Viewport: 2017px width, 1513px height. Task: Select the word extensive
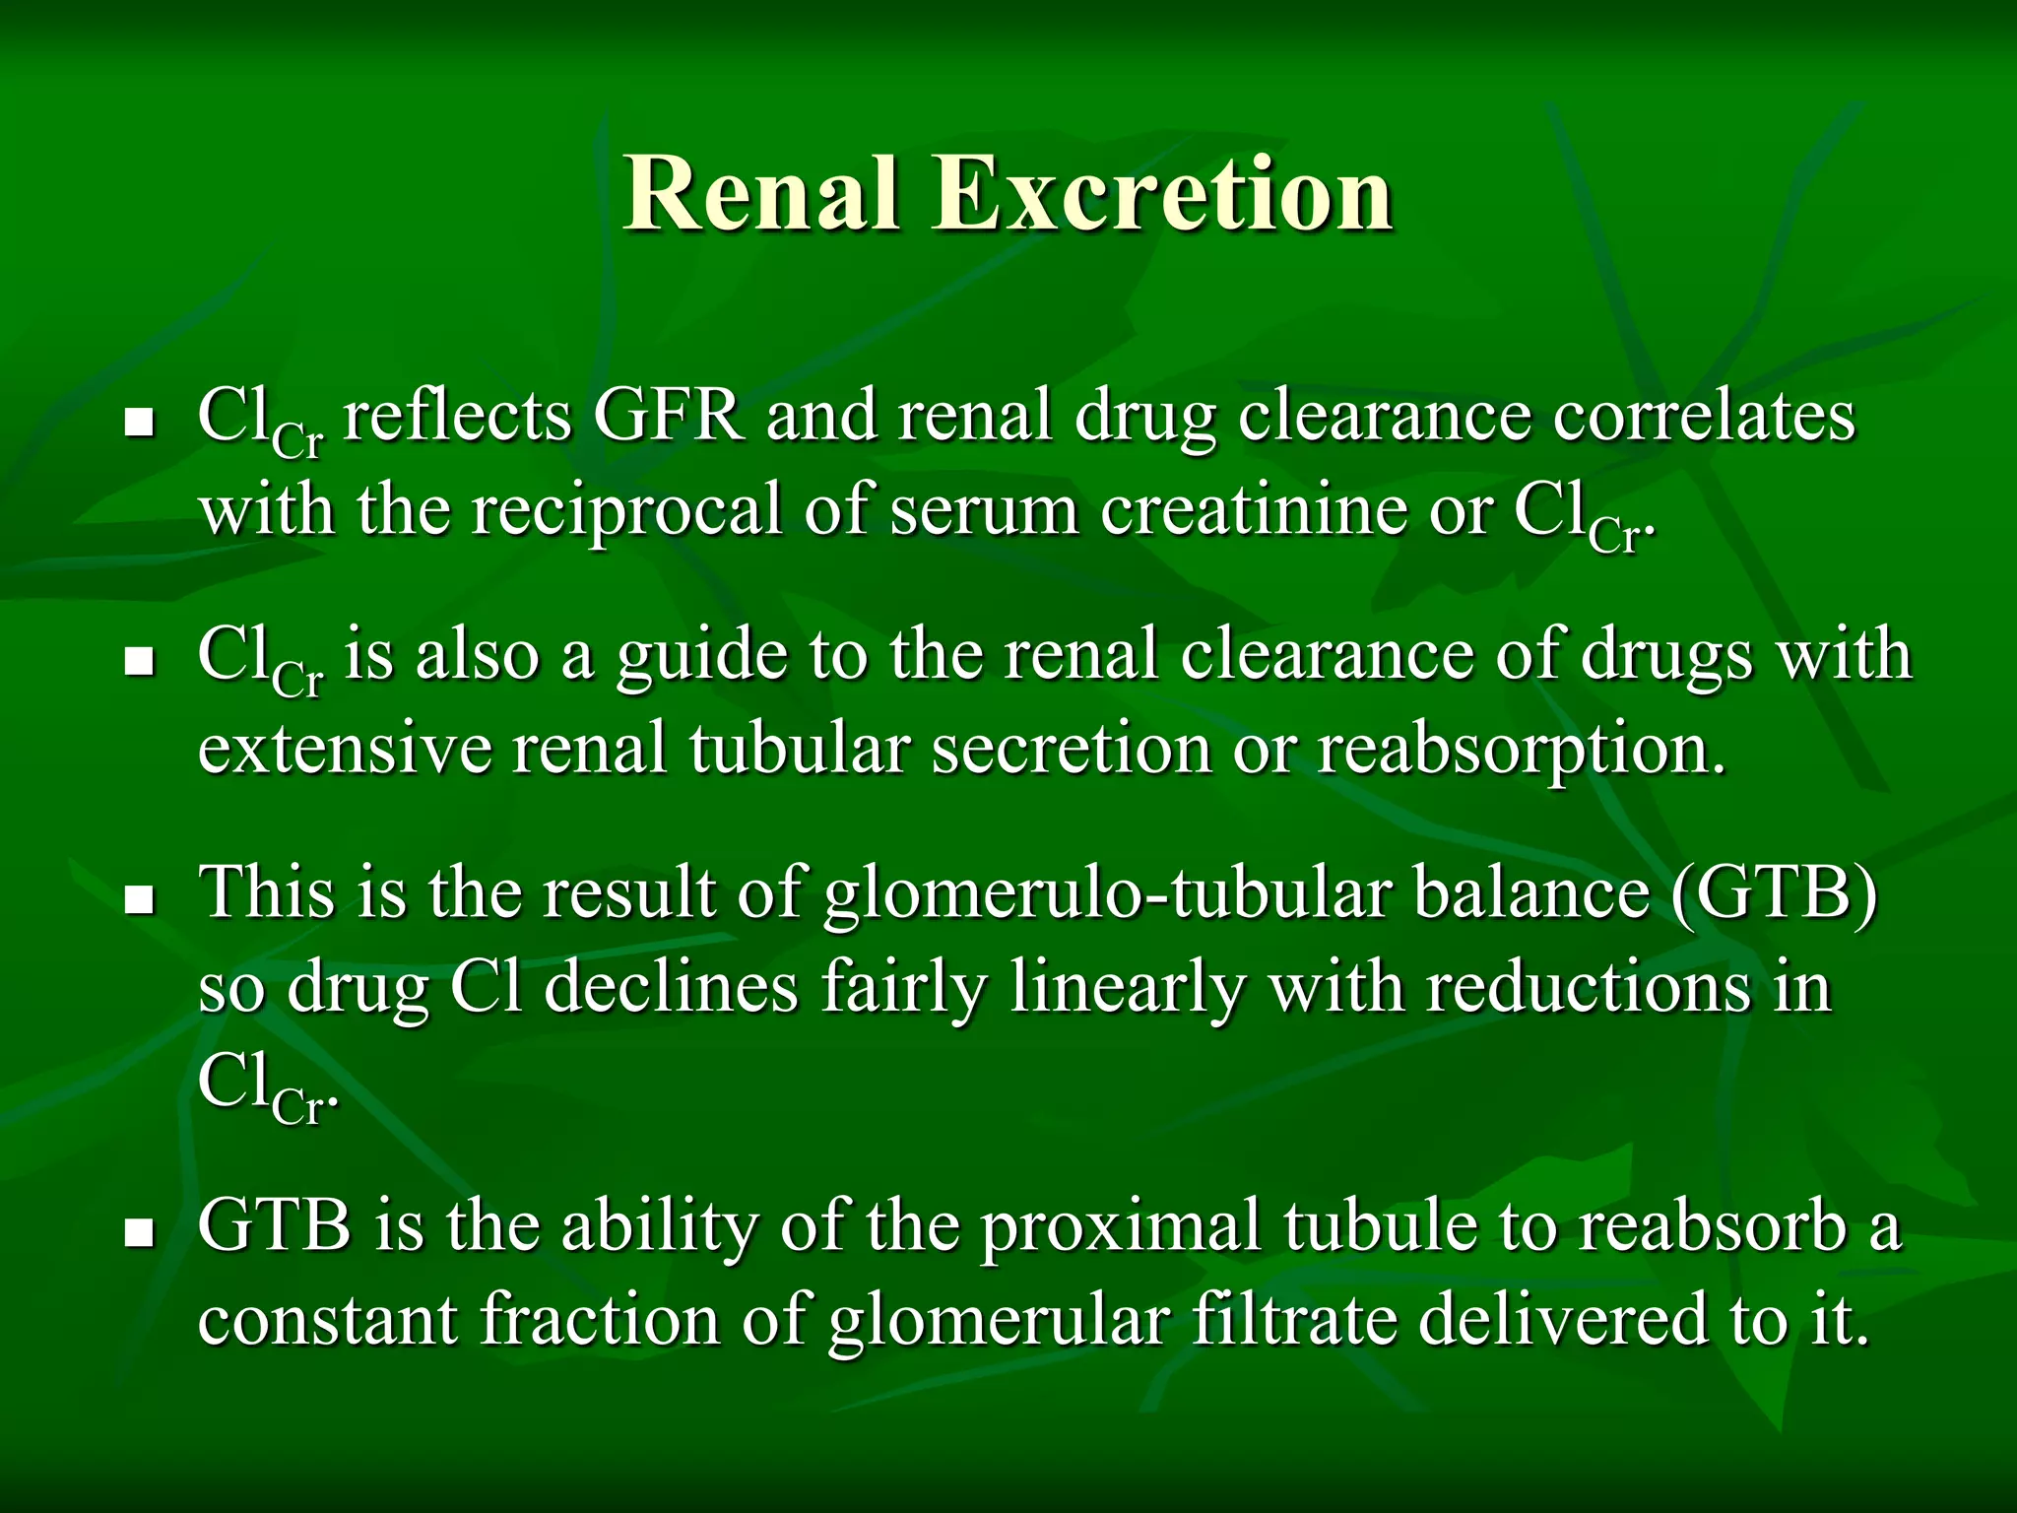click(344, 750)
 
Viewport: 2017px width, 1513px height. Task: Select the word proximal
click(1121, 1227)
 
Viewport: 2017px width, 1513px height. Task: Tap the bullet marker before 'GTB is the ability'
click(141, 1232)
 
